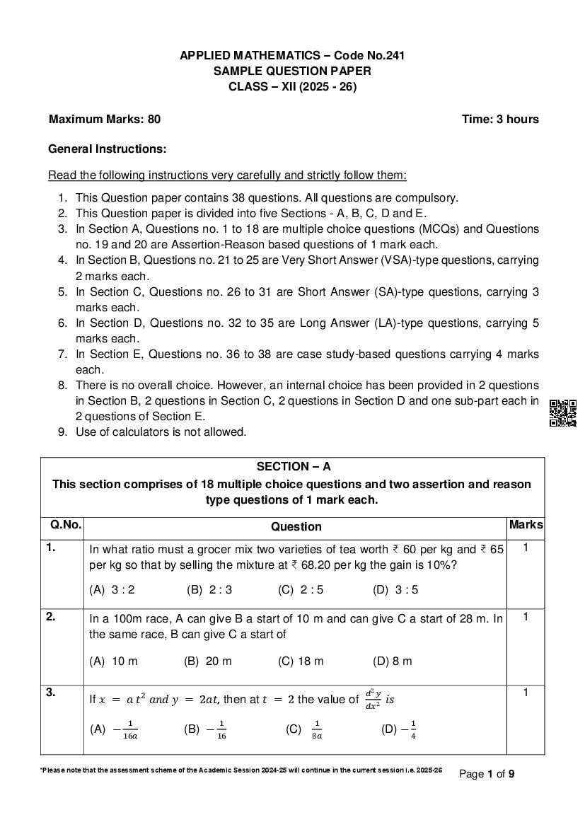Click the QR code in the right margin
[562, 413]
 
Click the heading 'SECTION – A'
[293, 467]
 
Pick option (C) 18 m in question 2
[301, 661]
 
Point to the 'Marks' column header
[526, 525]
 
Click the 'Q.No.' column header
[65, 525]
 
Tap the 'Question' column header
[296, 526]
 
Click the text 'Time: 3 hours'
[500, 119]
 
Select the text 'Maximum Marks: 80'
[105, 119]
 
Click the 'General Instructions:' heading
[107, 149]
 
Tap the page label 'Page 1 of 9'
[487, 774]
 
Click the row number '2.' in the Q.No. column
[51, 616]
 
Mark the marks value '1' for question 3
[526, 693]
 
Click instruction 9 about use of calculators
[161, 432]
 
